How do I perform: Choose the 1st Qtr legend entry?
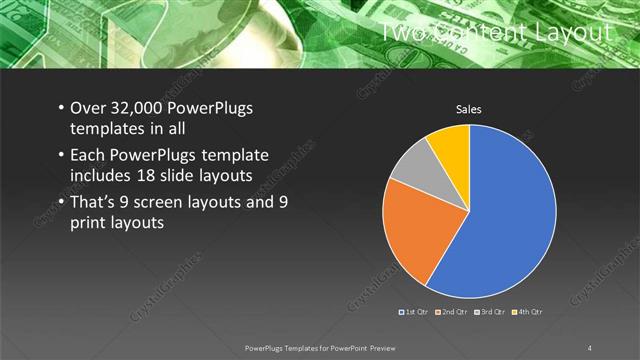(417, 313)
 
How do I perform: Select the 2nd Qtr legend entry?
(455, 313)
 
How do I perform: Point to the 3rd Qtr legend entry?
(492, 313)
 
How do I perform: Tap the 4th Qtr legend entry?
(529, 313)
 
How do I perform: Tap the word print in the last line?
(88, 224)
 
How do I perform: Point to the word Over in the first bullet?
(87, 109)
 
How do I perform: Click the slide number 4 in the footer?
(590, 347)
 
